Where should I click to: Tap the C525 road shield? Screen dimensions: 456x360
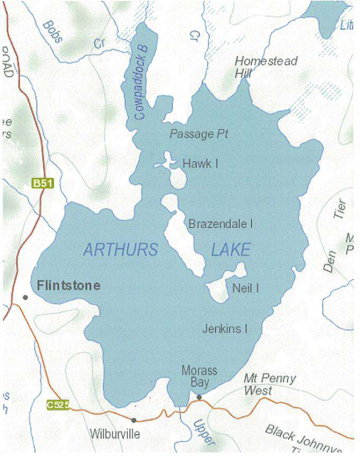click(57, 405)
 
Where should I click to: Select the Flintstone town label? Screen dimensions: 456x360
click(68, 286)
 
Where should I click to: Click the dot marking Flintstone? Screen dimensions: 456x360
click(25, 297)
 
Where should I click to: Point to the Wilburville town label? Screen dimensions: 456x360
click(114, 434)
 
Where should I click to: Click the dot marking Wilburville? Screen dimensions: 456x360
click(133, 420)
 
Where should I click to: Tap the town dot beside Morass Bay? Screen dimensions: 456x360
click(199, 397)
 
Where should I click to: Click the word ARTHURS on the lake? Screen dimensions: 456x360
click(120, 250)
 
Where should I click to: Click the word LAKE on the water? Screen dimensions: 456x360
click(230, 250)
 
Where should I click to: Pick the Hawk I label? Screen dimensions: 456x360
click(200, 164)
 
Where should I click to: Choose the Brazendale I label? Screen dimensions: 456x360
click(220, 224)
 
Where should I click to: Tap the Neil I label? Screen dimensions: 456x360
click(245, 288)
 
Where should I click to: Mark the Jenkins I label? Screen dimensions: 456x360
click(225, 329)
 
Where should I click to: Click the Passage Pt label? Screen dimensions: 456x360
click(199, 134)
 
